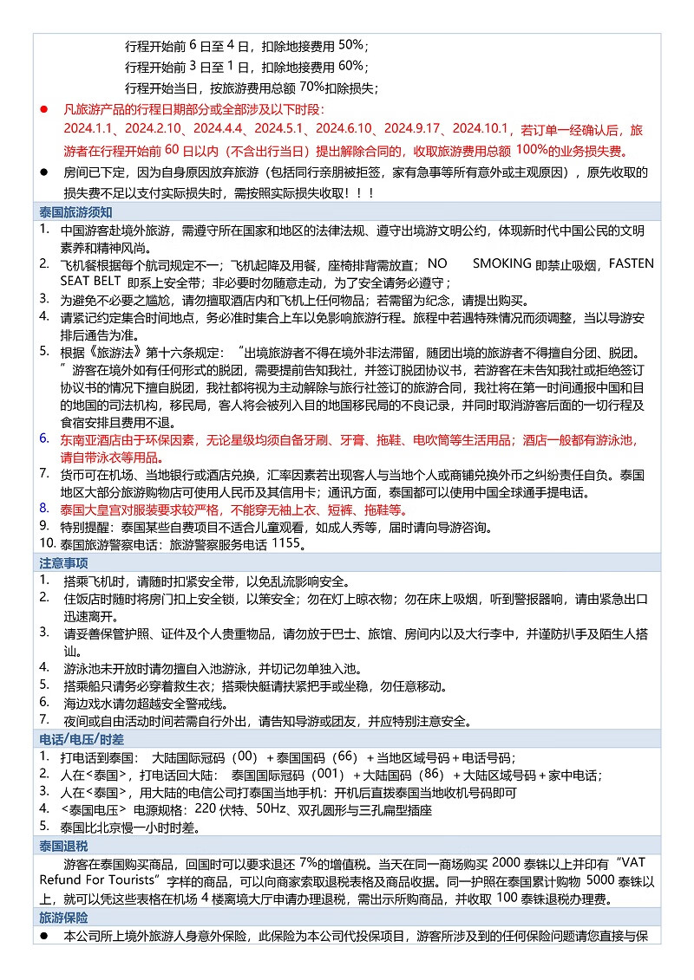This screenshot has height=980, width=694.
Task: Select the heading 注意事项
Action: [x=63, y=563]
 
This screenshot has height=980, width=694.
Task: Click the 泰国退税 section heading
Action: [x=63, y=845]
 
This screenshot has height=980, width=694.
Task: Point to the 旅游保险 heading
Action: [x=63, y=918]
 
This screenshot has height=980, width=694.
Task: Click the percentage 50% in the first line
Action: [x=351, y=45]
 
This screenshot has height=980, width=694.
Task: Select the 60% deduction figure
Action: [x=351, y=66]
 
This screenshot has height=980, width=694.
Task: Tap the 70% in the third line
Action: [x=311, y=88]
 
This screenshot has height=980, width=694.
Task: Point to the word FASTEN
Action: [x=632, y=263]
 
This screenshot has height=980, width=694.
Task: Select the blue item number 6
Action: [x=43, y=438]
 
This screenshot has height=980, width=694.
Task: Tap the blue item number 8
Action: [x=43, y=508]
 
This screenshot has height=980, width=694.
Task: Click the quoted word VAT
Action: [x=635, y=863]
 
